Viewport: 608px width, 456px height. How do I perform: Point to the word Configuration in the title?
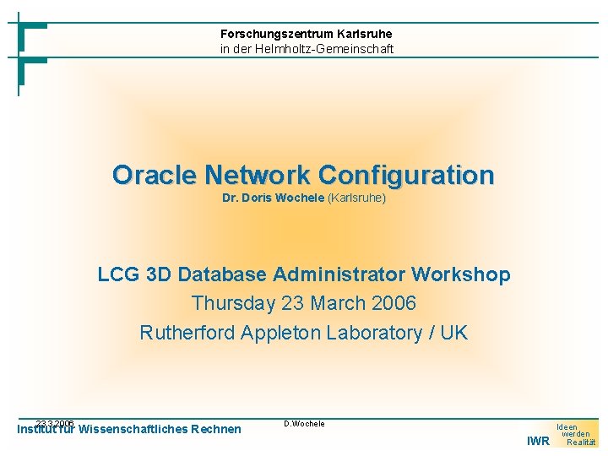[405, 175]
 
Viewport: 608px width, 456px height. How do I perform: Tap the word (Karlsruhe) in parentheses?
[356, 198]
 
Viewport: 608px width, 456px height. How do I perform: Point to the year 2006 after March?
[394, 303]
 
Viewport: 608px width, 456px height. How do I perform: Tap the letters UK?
[453, 332]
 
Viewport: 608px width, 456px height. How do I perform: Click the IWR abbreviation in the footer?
[538, 441]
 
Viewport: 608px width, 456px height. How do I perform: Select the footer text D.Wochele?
[304, 423]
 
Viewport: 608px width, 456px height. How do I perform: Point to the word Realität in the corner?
[581, 442]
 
